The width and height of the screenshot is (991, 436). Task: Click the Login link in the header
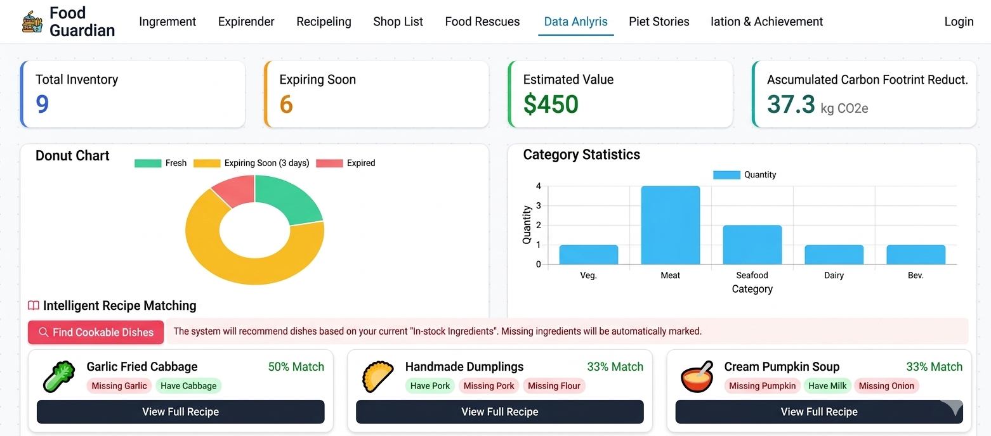[x=958, y=22]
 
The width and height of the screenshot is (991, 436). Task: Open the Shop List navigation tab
[x=398, y=22]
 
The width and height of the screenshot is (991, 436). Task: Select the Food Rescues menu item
[x=482, y=22]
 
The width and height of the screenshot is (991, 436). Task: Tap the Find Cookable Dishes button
[x=96, y=332]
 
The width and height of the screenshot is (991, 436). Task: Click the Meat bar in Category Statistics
[x=670, y=225]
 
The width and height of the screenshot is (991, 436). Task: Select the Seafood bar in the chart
[x=752, y=245]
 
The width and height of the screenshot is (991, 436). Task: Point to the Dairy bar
[x=834, y=255]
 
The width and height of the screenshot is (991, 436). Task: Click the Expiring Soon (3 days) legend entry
[x=251, y=163]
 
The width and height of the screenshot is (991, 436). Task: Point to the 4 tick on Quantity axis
[x=539, y=186]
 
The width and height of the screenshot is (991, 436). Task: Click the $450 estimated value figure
[x=551, y=104]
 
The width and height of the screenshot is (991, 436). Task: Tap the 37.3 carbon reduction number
[x=791, y=104]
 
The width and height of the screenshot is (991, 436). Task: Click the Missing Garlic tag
[x=119, y=385]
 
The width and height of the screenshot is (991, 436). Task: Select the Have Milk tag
[x=827, y=385]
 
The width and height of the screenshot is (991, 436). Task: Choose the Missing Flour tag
[x=554, y=385]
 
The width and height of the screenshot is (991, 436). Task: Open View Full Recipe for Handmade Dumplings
[x=499, y=412]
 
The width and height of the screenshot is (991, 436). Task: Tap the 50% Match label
[x=296, y=367]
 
